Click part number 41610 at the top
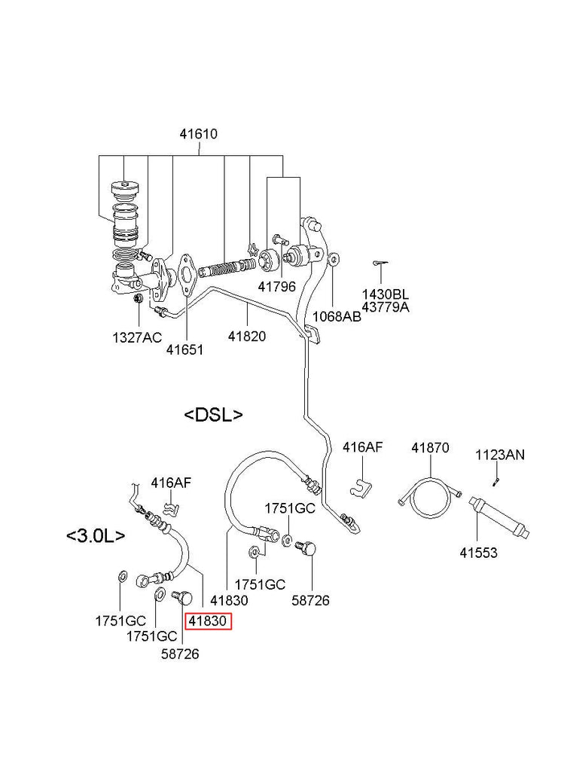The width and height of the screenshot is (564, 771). coord(198,135)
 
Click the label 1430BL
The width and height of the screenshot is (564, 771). coord(385,294)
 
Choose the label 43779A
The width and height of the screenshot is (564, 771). coord(385,306)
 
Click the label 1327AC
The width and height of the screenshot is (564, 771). coord(137,337)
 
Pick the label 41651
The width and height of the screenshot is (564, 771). coord(185,349)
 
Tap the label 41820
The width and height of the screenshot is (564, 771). coord(247,337)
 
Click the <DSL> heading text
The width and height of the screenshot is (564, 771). coord(214,414)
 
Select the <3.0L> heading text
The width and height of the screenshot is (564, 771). coord(96,536)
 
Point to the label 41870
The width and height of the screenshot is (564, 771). coord(430,448)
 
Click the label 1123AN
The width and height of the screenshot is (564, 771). coord(500,454)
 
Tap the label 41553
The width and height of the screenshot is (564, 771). coord(479,553)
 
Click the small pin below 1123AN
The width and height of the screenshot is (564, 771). coord(497,480)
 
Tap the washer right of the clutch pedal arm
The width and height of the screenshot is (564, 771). coord(334,260)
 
